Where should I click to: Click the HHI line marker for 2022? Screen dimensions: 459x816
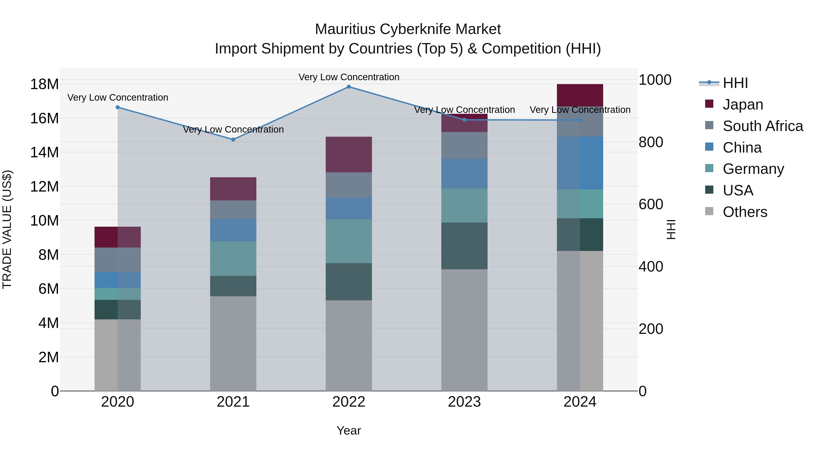(x=349, y=87)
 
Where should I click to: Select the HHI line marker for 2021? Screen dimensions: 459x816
(x=233, y=139)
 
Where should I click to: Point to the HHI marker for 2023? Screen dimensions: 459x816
(x=464, y=120)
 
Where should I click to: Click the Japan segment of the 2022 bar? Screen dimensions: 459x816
(x=349, y=155)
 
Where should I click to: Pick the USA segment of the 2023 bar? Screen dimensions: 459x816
(x=464, y=246)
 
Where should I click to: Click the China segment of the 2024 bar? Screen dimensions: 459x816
(x=580, y=163)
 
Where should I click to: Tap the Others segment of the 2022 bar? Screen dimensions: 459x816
(x=349, y=345)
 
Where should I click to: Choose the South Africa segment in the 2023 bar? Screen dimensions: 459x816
(x=464, y=145)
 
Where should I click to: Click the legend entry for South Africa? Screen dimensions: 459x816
(x=763, y=126)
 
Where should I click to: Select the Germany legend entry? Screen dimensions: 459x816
(x=753, y=169)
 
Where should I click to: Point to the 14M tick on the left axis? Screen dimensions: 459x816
(x=44, y=152)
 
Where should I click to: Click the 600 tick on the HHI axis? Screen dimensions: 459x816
(x=651, y=204)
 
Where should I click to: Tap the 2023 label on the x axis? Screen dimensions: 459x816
(x=464, y=402)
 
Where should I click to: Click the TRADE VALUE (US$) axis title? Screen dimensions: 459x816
(x=7, y=229)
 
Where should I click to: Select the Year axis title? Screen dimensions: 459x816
(x=349, y=430)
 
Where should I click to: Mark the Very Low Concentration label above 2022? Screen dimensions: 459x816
(x=349, y=77)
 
